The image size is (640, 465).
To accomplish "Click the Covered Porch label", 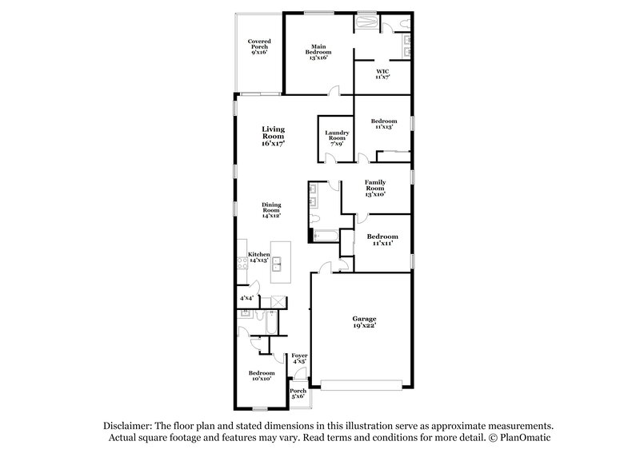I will click(x=258, y=46).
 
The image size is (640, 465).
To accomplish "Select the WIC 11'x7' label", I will click(x=383, y=74).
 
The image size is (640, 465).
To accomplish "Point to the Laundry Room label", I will click(x=337, y=137).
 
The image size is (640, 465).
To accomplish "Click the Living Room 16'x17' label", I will click(x=274, y=137).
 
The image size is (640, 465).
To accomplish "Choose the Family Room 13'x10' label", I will click(x=375, y=188).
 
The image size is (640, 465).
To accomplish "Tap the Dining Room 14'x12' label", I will click(x=273, y=210).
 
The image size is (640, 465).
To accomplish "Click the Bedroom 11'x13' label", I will click(x=384, y=124).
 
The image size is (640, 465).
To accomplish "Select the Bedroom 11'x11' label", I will click(x=382, y=240).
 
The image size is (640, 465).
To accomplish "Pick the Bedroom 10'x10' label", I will click(x=262, y=376).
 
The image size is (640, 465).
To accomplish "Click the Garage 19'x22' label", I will click(x=364, y=323).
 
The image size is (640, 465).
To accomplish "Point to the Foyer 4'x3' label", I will click(x=299, y=359).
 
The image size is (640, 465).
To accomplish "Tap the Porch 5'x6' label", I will click(x=298, y=394).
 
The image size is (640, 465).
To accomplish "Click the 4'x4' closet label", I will click(x=246, y=298).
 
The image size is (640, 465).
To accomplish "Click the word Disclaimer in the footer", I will click(x=130, y=427).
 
